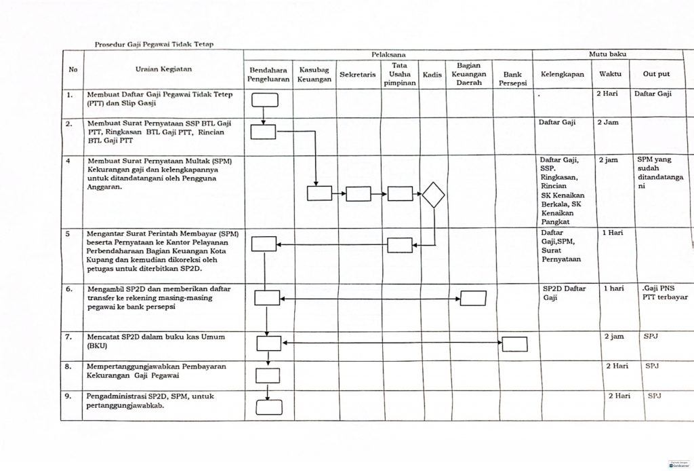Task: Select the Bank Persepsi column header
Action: [512, 75]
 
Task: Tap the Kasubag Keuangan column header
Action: [314, 75]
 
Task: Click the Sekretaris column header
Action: [358, 74]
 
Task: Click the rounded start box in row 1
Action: [265, 100]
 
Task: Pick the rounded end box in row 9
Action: [268, 407]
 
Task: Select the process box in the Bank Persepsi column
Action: [514, 344]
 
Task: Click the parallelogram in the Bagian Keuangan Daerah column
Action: [473, 297]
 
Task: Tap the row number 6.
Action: [69, 288]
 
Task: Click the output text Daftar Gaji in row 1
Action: [653, 94]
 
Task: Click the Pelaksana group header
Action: [387, 54]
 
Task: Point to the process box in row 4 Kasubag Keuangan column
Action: [319, 193]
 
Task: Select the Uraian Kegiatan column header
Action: [163, 69]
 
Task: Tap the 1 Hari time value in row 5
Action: [613, 233]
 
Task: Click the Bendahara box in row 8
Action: [268, 375]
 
